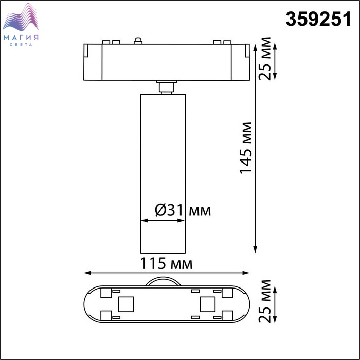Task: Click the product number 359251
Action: coord(318,19)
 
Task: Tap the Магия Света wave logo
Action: coord(21,17)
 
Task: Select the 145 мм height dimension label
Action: coord(246,148)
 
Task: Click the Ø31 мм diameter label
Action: coord(183,210)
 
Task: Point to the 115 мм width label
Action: coord(166,263)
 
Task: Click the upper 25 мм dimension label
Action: coord(265,58)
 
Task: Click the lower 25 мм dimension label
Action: coord(265,301)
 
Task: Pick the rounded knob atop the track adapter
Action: coord(138,41)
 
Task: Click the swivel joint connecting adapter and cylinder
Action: coord(167,87)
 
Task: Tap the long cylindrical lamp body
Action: coord(163,173)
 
